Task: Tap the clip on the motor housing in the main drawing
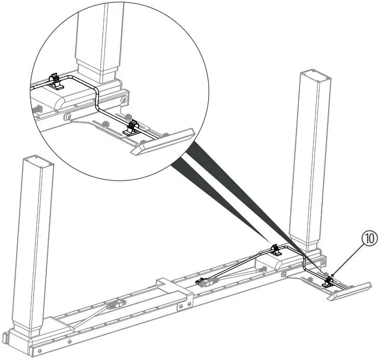click(x=275, y=251)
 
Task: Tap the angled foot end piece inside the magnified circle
click(x=162, y=142)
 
